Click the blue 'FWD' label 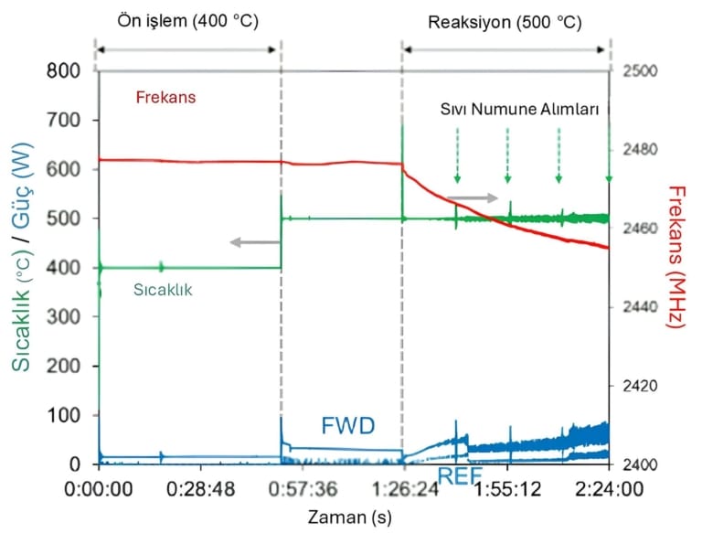[349, 425]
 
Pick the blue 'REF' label [459, 475]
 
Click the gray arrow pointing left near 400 [247, 242]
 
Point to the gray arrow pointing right [472, 197]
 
